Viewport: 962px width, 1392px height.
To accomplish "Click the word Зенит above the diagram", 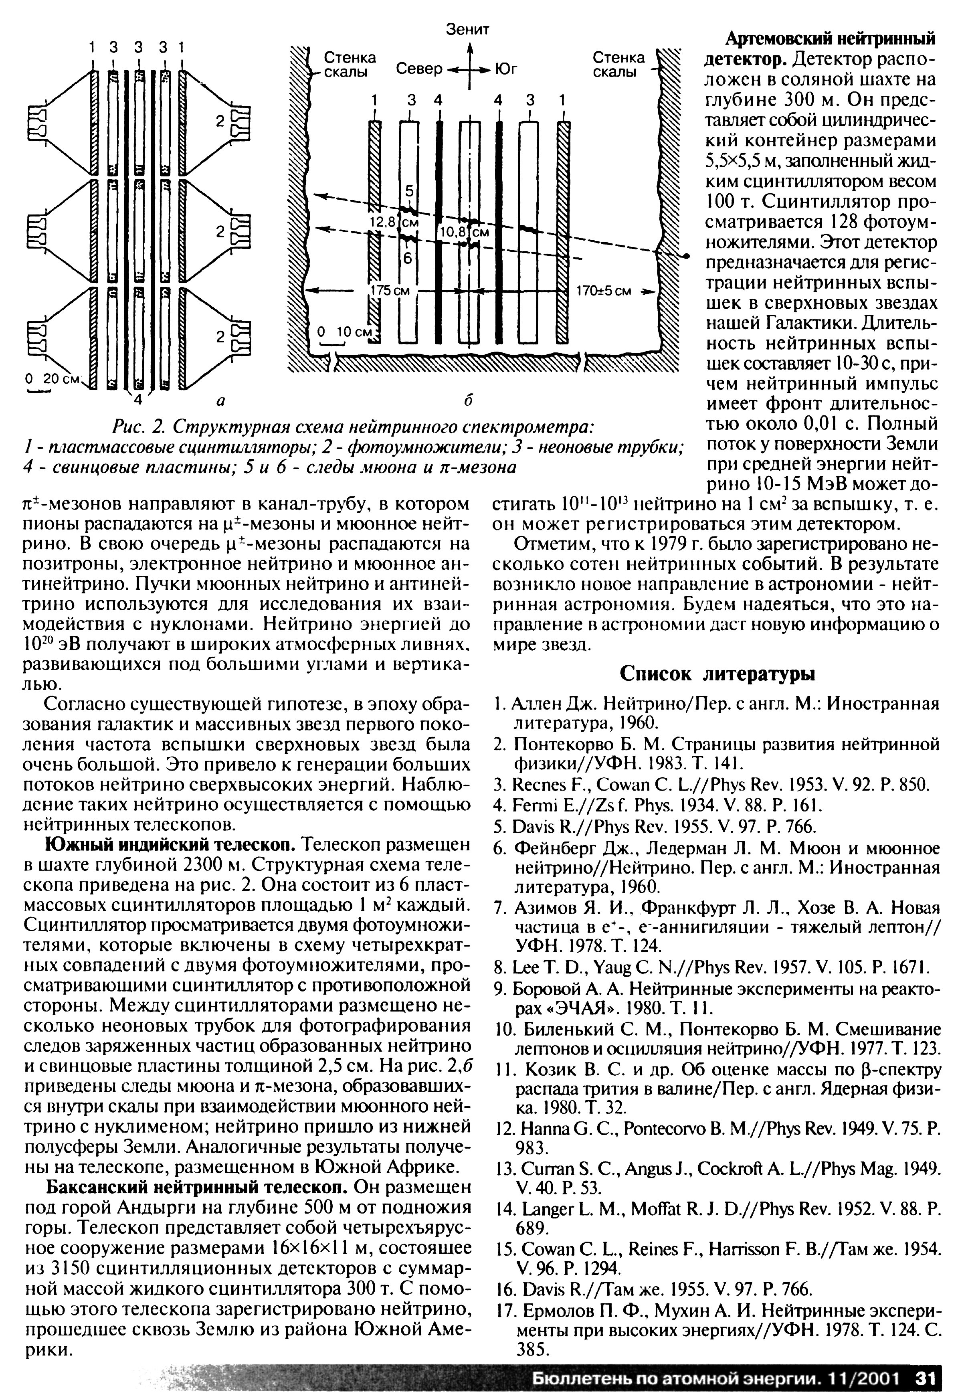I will point(468,30).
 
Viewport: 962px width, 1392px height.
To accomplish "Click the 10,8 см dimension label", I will point(463,232).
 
